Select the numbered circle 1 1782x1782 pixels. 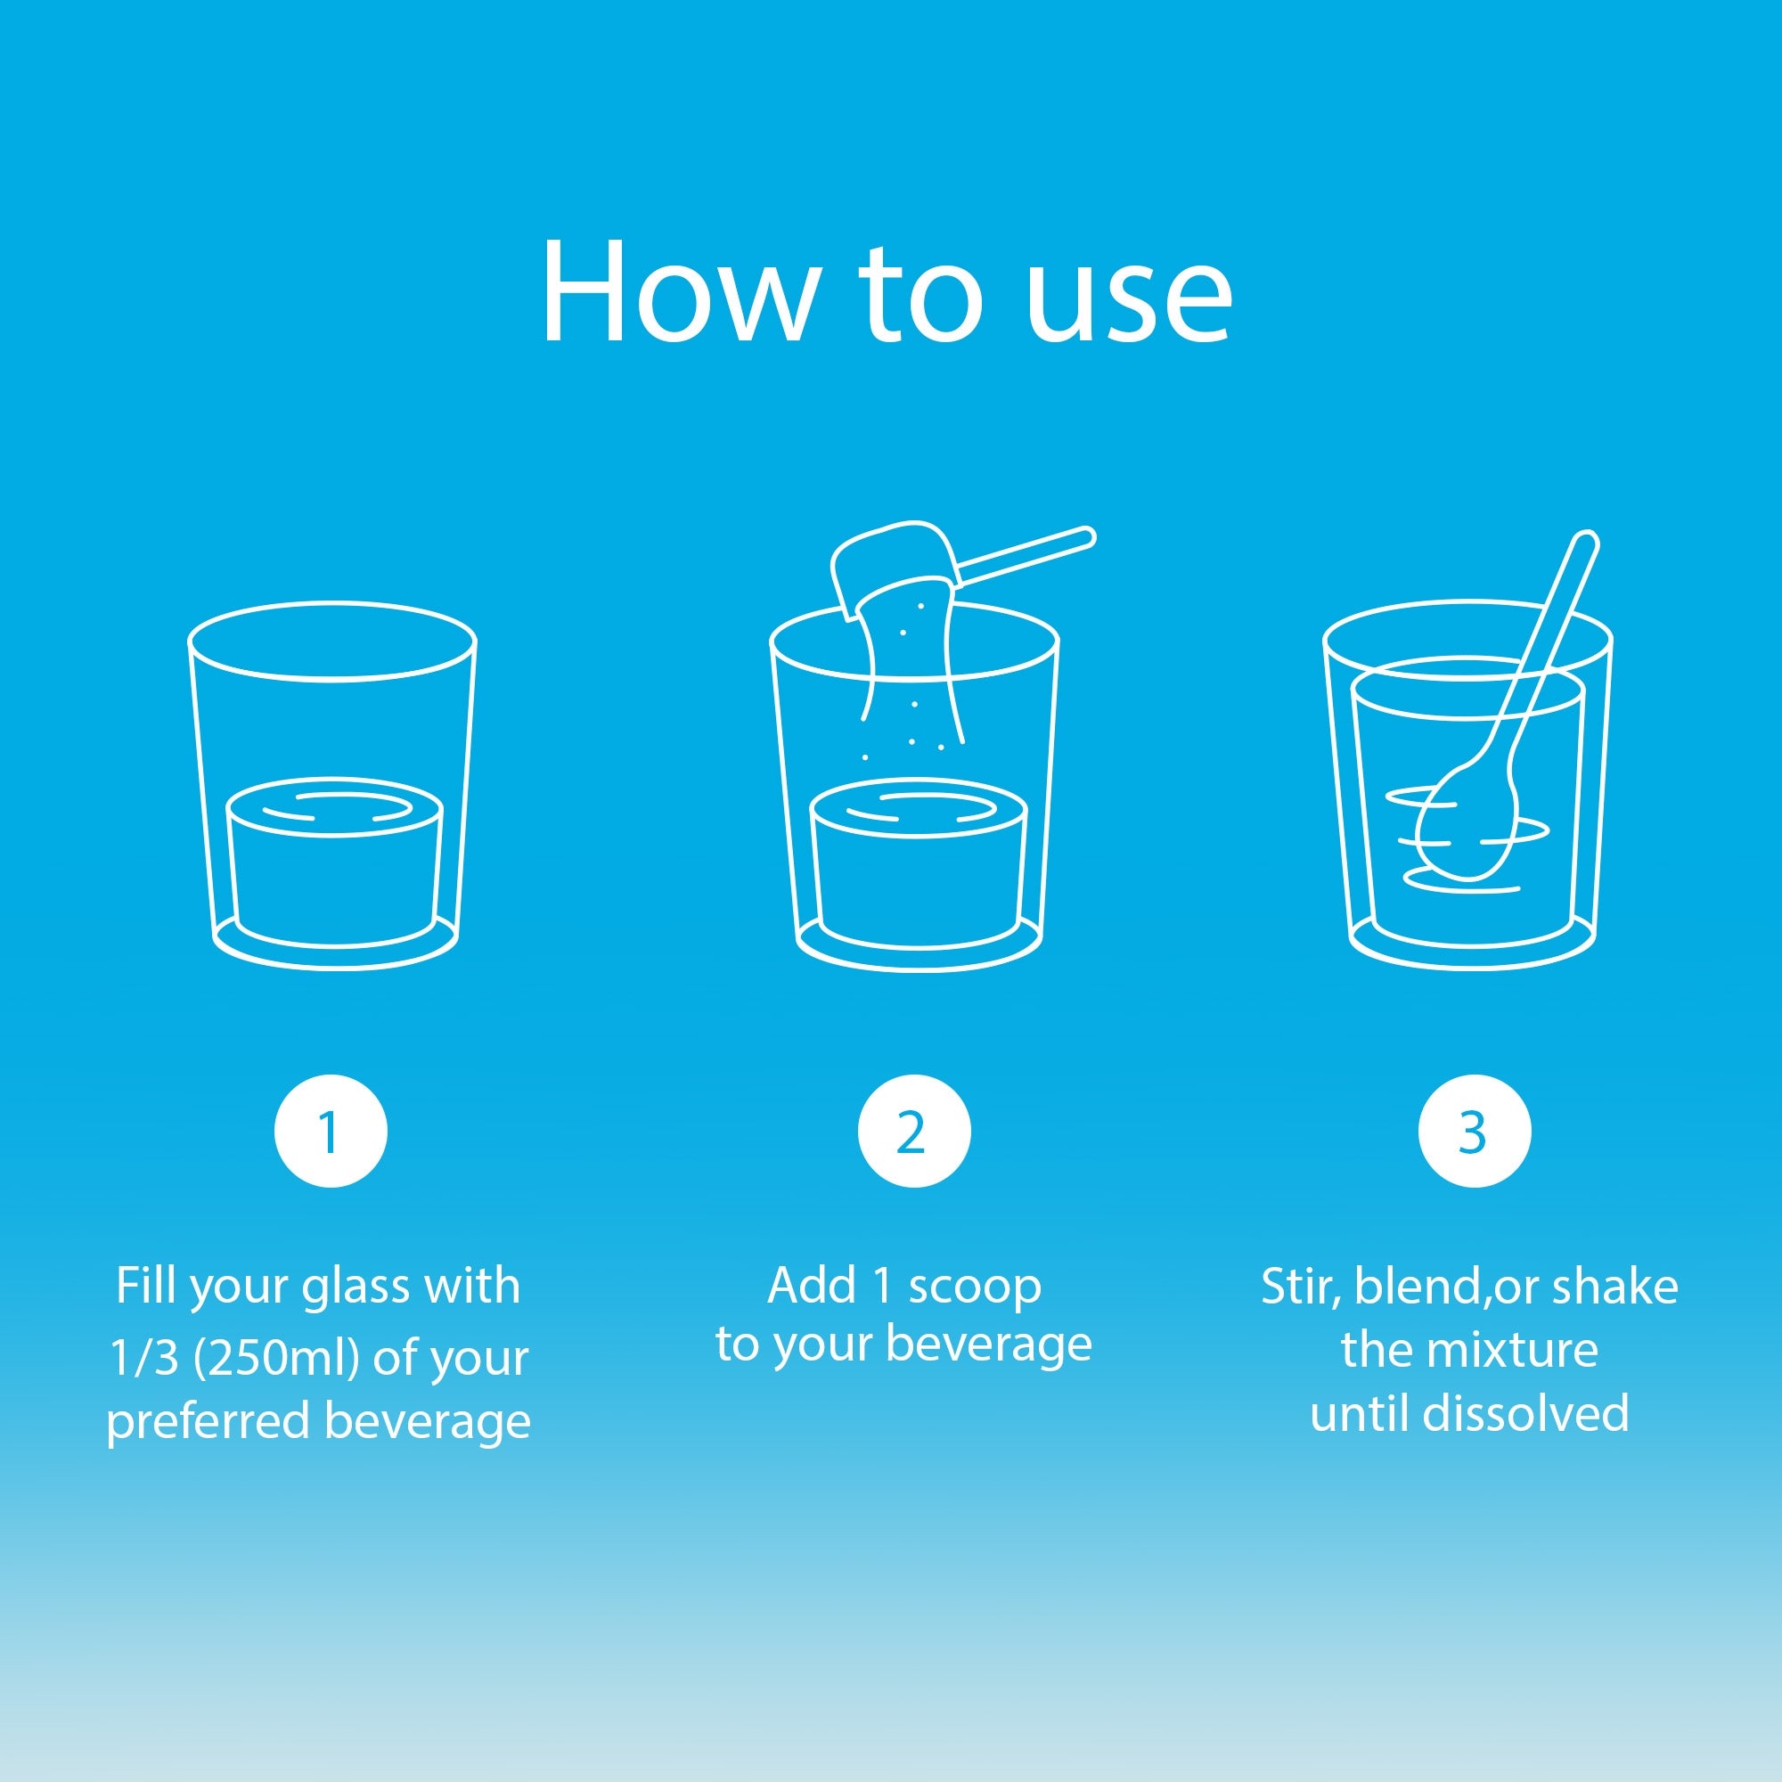pyautogui.click(x=331, y=1131)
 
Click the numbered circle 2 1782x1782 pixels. pyautogui.click(x=914, y=1131)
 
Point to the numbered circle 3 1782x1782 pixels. pyautogui.click(x=1475, y=1131)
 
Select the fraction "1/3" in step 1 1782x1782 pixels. pyautogui.click(x=143, y=1358)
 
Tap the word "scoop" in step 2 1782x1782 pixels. pyautogui.click(x=975, y=1287)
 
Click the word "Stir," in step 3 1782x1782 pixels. pyautogui.click(x=1301, y=1287)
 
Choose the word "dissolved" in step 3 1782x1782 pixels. pyautogui.click(x=1526, y=1413)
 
